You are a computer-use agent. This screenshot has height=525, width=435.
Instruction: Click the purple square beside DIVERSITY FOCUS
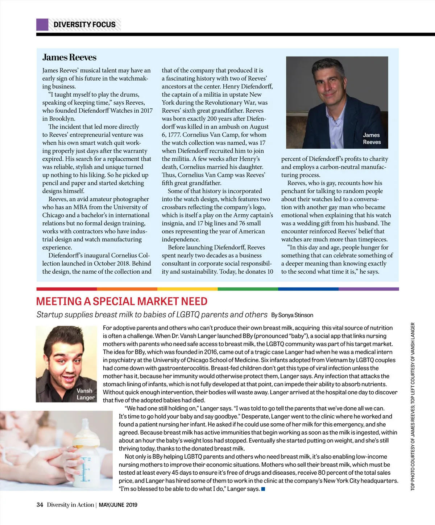tap(42, 25)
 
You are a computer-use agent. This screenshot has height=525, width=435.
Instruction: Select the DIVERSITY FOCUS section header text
tap(84, 25)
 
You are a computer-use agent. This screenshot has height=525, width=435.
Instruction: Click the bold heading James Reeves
tap(69, 57)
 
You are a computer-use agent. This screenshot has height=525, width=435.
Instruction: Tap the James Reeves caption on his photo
tap(372, 138)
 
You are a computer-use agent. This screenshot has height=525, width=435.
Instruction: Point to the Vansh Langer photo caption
tap(86, 394)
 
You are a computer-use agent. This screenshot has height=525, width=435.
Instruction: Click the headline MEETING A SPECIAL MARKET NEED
tap(122, 301)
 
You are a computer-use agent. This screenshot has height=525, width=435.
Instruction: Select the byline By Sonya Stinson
tap(292, 315)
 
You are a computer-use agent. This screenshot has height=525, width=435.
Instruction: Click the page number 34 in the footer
tap(40, 505)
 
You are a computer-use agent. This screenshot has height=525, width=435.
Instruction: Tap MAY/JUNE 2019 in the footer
tap(118, 505)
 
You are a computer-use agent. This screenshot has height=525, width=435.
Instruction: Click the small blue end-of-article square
tap(263, 489)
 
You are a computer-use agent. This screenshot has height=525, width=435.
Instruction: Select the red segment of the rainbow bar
tap(66, 289)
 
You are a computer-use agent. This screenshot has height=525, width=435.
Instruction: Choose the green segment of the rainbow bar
tap(248, 289)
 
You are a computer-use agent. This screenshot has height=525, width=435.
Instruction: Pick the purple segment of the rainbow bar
tap(368, 289)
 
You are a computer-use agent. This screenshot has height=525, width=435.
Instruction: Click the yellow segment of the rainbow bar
tap(187, 289)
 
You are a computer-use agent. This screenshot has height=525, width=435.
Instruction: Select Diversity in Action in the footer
tap(70, 505)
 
